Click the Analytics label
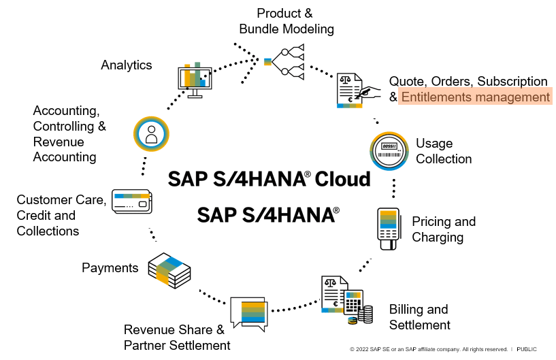pos(127,65)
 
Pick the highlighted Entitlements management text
pos(475,97)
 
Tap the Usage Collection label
pos(444,151)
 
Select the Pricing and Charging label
pos(444,229)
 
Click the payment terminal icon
pos(387,229)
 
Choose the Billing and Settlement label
pos(419,317)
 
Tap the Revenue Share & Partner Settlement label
pos(176,338)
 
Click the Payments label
pos(110,267)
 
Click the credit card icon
pos(132,201)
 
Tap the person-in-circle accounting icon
pos(151,134)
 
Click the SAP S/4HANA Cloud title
pos(269,179)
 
